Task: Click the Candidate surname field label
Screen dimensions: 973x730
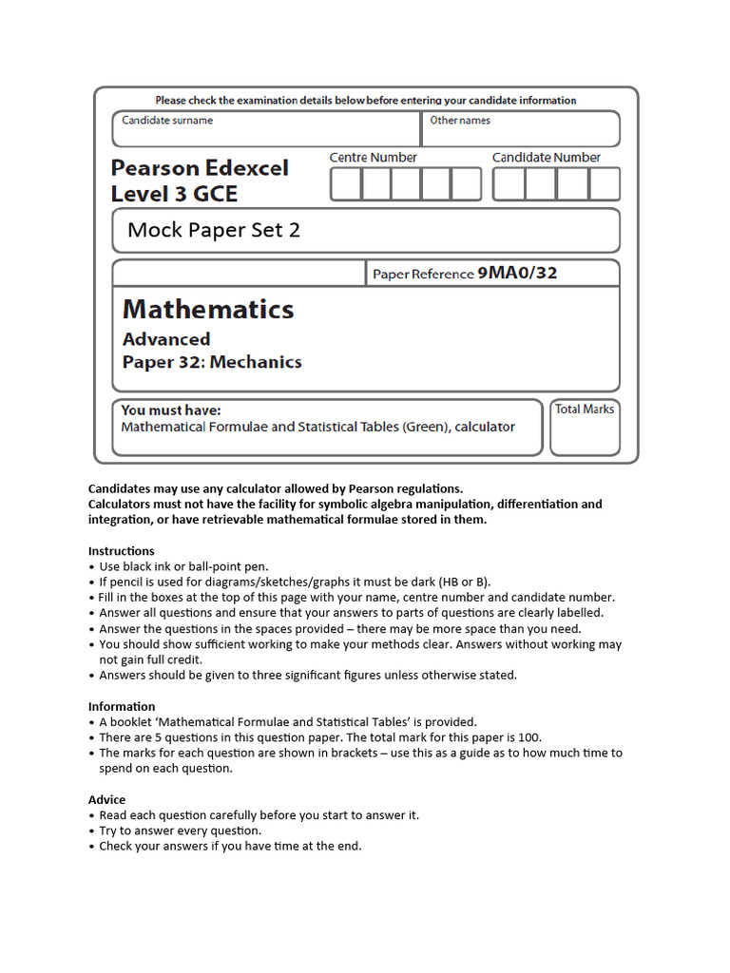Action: [x=167, y=121]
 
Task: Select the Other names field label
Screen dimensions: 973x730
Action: [x=460, y=121]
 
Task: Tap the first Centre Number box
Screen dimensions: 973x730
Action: [x=345, y=184]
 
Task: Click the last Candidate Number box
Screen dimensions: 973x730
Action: [x=605, y=184]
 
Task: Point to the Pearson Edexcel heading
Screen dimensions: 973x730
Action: [x=200, y=168]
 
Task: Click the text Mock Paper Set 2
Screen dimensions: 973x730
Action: [x=214, y=230]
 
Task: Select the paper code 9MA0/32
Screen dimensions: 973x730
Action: [x=517, y=274]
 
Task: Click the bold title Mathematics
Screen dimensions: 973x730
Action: [x=208, y=309]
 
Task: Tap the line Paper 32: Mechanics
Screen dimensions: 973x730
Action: [x=212, y=362]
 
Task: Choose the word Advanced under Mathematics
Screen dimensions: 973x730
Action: [x=166, y=339]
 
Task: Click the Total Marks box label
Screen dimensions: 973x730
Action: [x=585, y=410]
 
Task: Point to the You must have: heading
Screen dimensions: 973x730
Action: [x=171, y=410]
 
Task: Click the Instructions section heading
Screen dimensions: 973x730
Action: [x=121, y=551]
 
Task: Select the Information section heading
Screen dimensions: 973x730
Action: [x=122, y=707]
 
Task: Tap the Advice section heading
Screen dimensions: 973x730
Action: [x=106, y=800]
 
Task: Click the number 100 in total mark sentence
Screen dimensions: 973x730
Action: [x=528, y=737]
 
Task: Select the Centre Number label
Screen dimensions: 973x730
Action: [x=373, y=158]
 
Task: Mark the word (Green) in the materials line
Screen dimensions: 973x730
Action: [x=424, y=427]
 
